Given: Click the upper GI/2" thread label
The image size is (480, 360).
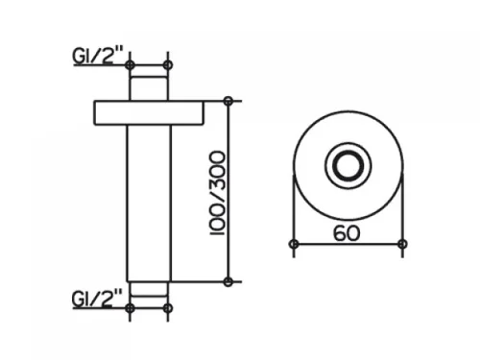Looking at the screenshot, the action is click(x=97, y=57).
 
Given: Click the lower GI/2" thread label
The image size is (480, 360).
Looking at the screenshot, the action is click(x=97, y=300).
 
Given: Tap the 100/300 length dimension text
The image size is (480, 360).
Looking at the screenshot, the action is click(x=218, y=193).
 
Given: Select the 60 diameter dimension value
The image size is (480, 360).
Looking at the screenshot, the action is click(x=347, y=233).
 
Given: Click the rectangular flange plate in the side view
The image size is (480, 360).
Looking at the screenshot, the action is click(x=149, y=112).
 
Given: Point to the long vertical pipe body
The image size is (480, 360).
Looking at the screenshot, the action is click(x=149, y=204).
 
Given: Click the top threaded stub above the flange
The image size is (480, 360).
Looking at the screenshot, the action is click(x=149, y=88).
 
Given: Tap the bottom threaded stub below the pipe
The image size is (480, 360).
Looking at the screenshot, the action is click(x=149, y=290).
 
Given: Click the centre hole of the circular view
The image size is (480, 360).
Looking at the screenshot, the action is click(x=348, y=166).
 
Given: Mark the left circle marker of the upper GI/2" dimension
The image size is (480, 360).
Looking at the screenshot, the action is click(x=130, y=65).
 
